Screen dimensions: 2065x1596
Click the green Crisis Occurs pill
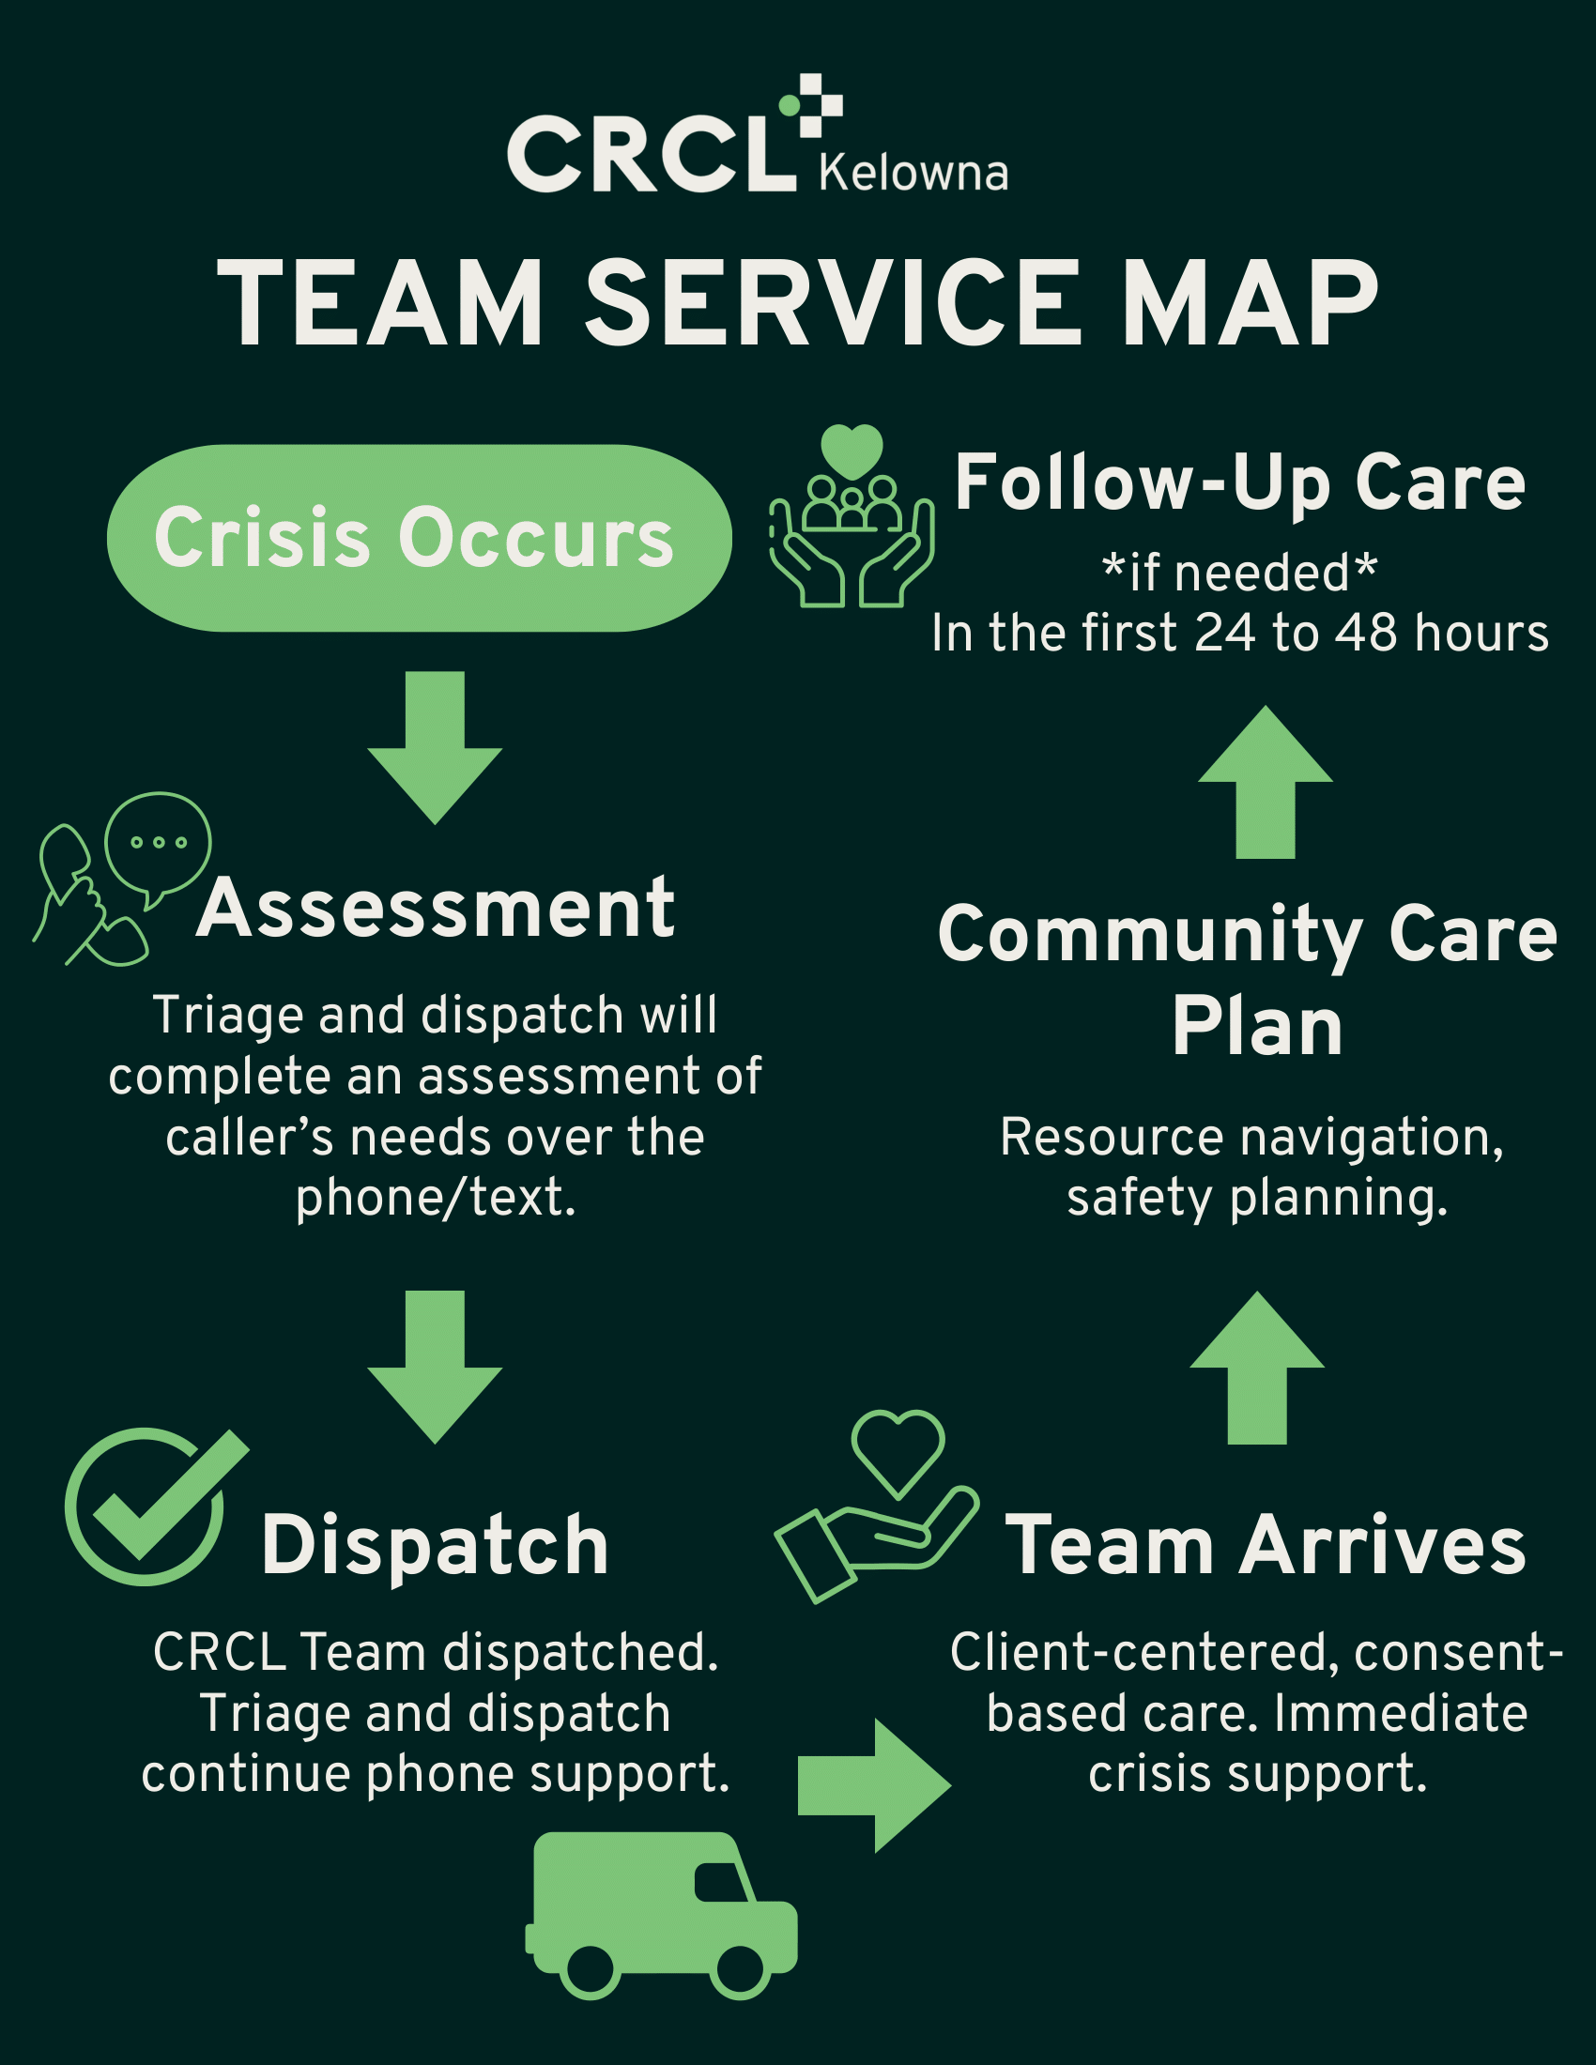pyautogui.click(x=419, y=537)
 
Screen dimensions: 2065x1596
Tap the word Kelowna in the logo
pyautogui.click(x=913, y=173)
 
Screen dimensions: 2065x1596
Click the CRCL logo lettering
pyautogui.click(x=651, y=154)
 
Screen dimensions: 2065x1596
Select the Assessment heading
pyautogui.click(x=436, y=909)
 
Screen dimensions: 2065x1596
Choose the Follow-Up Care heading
pyautogui.click(x=1239, y=483)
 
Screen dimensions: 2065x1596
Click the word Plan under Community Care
pyautogui.click(x=1256, y=1028)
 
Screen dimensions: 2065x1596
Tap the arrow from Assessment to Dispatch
pyautogui.click(x=435, y=1365)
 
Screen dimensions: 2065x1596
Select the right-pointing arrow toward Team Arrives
pyautogui.click(x=872, y=1786)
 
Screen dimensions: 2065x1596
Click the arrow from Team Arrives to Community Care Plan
pyautogui.click(x=1256, y=1367)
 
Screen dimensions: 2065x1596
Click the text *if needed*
pyautogui.click(x=1239, y=573)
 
